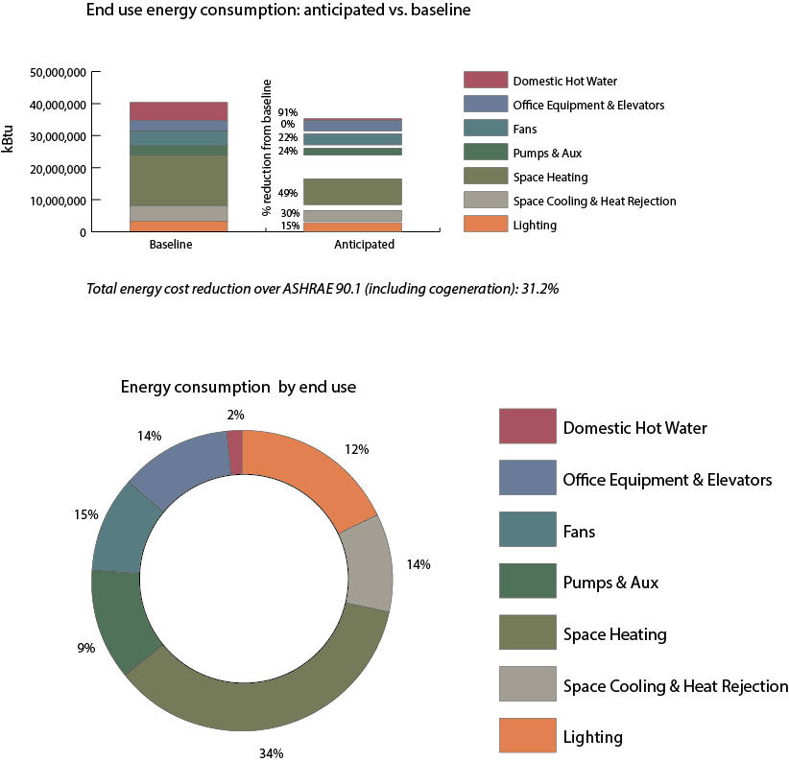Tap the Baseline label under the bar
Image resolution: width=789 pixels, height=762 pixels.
pos(171,245)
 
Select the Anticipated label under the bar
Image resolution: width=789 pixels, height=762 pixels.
pos(364,245)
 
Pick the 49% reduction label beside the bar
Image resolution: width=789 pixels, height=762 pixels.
pos(287,193)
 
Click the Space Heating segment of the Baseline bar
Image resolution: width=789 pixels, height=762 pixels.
pos(179,180)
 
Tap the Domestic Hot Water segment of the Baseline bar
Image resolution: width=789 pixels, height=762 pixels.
pos(179,111)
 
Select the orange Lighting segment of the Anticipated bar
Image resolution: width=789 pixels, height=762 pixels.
pos(352,226)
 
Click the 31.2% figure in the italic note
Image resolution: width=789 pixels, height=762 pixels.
pos(538,288)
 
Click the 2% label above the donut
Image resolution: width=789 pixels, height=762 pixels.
pos(236,416)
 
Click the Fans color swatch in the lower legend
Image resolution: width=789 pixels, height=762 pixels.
pos(527,530)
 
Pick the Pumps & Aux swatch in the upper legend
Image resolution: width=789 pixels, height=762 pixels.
pos(485,153)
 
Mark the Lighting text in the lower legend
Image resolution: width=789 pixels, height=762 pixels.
pos(592,737)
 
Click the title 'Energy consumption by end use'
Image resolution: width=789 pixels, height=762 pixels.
pos(238,388)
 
